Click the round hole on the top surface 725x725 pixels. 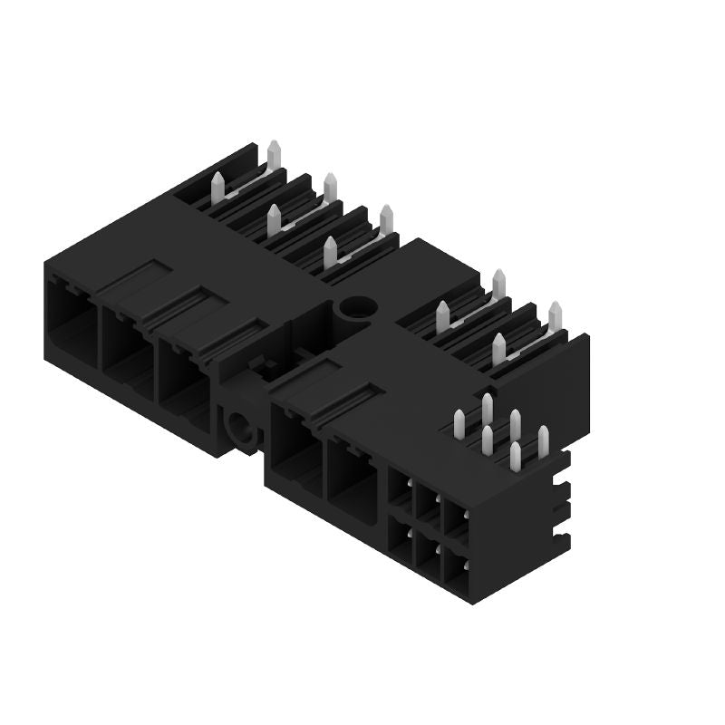(354, 307)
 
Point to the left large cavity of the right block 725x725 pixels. (294, 449)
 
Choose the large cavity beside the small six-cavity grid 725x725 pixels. (352, 478)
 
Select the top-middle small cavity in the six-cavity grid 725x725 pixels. (426, 504)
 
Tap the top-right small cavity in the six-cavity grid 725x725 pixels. (453, 518)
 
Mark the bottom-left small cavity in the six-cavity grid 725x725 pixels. (399, 535)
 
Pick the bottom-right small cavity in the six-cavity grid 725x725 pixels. (453, 564)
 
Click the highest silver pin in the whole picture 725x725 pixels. (274, 155)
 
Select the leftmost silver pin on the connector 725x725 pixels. (217, 188)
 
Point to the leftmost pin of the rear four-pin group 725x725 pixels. (442, 316)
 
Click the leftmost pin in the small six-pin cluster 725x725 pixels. (459, 424)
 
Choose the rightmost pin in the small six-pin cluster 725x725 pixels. (543, 440)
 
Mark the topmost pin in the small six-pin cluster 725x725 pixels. (488, 408)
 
